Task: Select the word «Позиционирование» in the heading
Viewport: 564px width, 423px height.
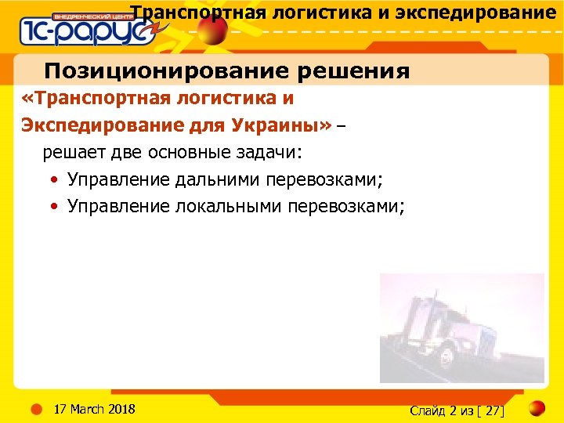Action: [x=148, y=71]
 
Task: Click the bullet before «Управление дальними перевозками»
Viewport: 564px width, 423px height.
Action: [x=52, y=180]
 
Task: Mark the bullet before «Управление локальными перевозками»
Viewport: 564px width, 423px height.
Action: [x=52, y=207]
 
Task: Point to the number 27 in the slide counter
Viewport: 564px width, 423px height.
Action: [x=494, y=410]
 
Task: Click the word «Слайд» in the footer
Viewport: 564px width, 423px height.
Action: [x=428, y=410]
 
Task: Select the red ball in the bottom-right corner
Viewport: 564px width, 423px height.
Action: [x=537, y=409]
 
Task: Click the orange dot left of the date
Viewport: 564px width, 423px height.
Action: [x=36, y=408]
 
